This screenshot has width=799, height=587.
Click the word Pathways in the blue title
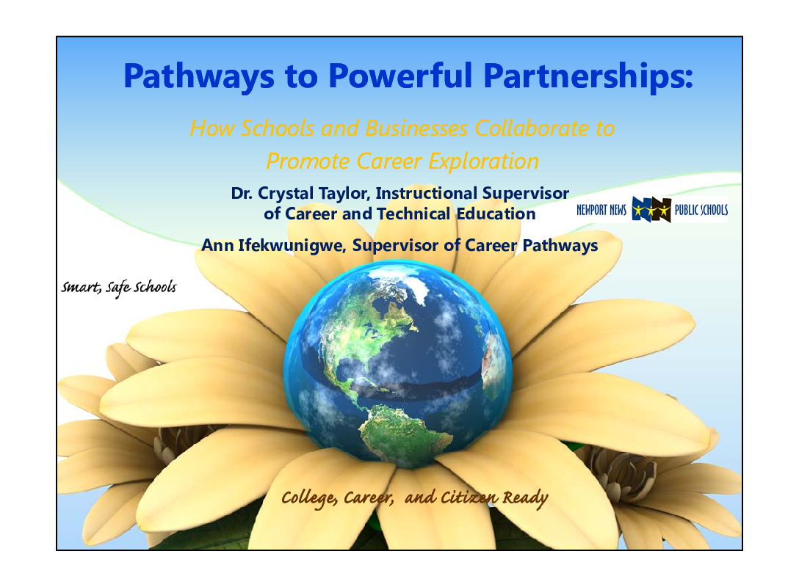coord(199,76)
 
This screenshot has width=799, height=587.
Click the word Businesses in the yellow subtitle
coord(416,128)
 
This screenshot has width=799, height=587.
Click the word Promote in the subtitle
coord(308,161)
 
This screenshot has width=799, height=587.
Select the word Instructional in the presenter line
coord(426,194)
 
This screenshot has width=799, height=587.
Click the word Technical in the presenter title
coord(413,214)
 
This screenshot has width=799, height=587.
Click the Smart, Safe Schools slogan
coord(119,288)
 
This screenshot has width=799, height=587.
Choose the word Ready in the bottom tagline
coord(525,498)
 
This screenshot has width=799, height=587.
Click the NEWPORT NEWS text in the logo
coord(601,210)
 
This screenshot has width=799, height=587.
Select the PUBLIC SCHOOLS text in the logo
coord(701,210)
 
